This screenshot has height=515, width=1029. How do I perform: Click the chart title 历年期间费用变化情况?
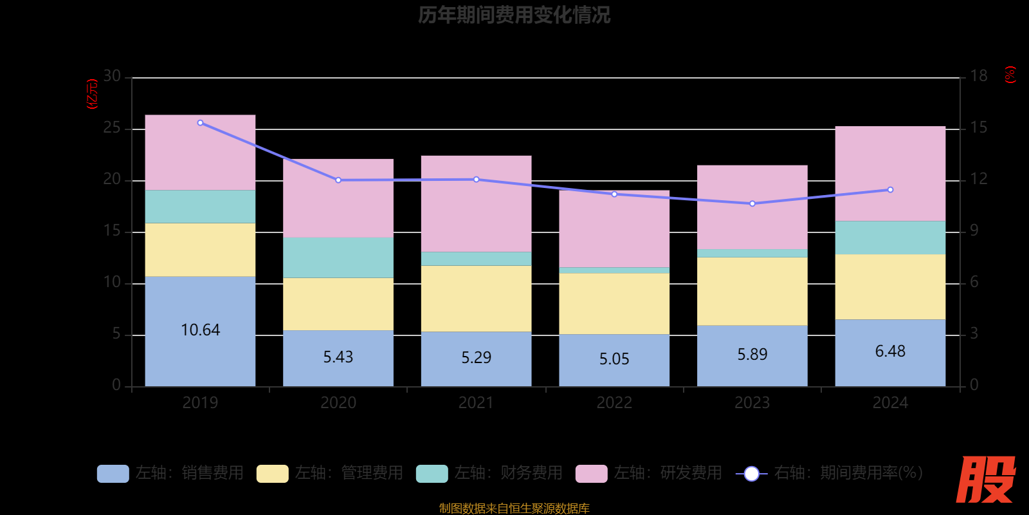coord(514,15)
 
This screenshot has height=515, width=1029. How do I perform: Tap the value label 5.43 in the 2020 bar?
coord(338,357)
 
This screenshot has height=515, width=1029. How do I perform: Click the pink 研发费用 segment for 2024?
coord(890,174)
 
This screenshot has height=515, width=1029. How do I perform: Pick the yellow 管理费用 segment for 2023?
coord(752,291)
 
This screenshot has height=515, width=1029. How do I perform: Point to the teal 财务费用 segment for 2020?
coord(338,257)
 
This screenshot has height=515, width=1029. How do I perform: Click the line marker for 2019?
coord(200,122)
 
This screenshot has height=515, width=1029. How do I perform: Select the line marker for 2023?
coord(752,203)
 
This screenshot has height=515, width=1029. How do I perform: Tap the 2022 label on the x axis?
coord(614,403)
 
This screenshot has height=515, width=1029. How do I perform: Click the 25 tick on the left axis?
coord(112,128)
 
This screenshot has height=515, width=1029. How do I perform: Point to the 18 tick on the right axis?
coord(978,77)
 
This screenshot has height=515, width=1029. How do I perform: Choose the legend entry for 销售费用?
coord(171,473)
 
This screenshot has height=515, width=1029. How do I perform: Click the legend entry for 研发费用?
coord(650,473)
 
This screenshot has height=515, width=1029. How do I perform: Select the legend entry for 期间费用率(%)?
coord(830,473)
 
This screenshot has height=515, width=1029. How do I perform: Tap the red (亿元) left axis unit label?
coord(92,94)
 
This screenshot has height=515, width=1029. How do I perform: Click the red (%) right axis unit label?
coord(1010,75)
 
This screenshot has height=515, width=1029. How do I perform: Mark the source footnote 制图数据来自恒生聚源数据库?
coord(514,509)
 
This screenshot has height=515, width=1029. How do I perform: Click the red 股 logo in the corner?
coord(985,480)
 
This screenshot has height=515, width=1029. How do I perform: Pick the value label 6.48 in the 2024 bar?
coord(890,351)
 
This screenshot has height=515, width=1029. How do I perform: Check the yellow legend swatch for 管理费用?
coord(272,474)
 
